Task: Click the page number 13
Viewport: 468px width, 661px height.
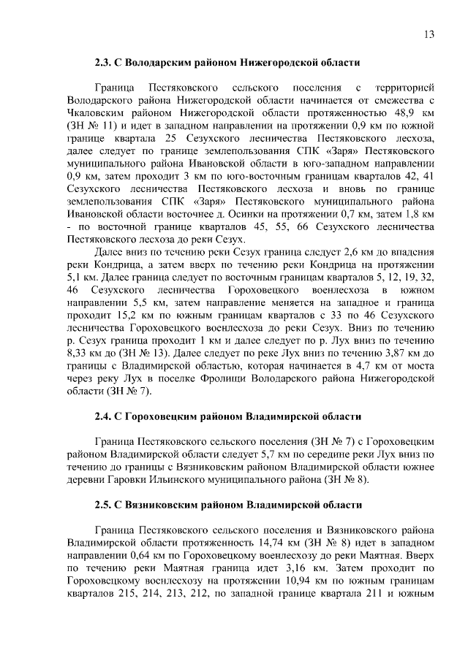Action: (429, 34)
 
